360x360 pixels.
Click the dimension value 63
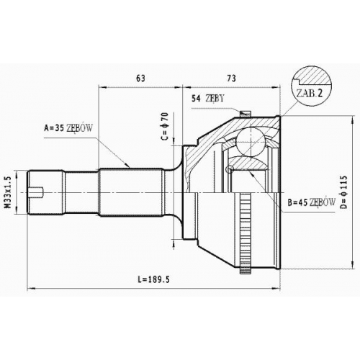140,78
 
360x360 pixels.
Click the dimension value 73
231,78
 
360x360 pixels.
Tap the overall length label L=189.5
154,279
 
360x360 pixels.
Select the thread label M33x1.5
9,192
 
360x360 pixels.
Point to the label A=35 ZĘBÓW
68,128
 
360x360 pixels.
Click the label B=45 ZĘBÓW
311,202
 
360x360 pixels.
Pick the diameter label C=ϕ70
166,126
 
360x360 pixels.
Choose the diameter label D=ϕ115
343,192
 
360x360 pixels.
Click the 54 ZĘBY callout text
207,98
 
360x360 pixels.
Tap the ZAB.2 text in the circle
310,93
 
